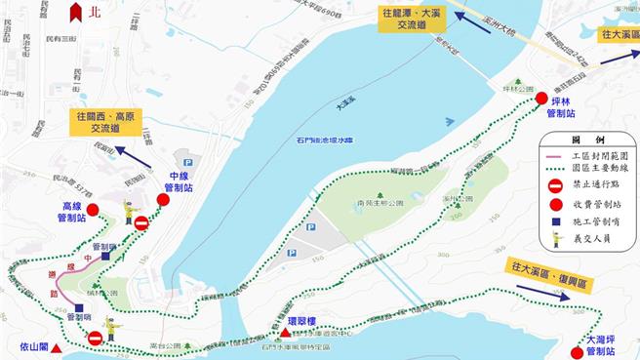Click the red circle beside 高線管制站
93,209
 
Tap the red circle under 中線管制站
163,200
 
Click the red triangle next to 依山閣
60,347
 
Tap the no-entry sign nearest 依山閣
95,339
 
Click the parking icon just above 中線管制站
188,163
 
